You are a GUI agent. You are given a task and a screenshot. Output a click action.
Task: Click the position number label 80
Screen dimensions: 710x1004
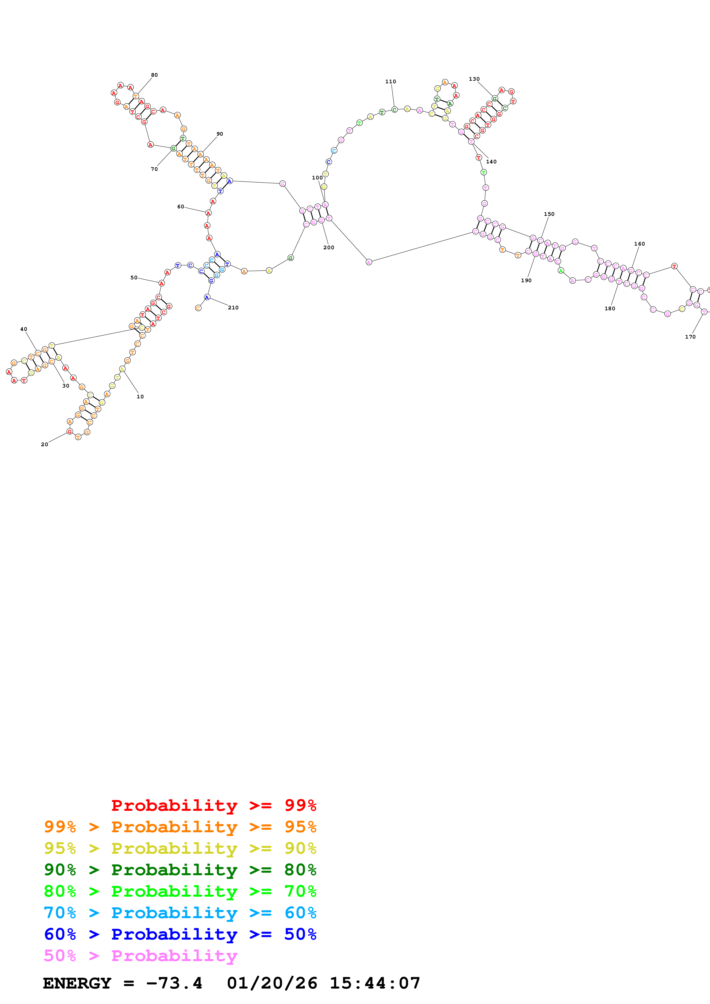[x=154, y=75]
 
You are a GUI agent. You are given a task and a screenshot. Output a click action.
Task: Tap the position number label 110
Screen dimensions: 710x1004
[x=391, y=81]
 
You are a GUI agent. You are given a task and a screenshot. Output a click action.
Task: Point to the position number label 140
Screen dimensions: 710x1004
[x=491, y=162]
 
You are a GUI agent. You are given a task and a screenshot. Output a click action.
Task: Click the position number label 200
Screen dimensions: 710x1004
[x=329, y=248]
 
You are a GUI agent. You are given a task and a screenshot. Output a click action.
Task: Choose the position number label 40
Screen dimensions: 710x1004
[x=23, y=329]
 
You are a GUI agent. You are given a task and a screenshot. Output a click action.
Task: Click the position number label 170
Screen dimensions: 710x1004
[x=690, y=337]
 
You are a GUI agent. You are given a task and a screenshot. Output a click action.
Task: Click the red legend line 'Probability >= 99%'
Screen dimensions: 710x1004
[x=213, y=805]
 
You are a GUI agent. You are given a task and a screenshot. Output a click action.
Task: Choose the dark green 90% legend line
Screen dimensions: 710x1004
[x=180, y=870]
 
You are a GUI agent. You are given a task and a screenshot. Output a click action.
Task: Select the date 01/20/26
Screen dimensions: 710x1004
[x=272, y=983]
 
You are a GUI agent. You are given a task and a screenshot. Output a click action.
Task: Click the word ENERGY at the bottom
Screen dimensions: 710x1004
[x=77, y=983]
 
